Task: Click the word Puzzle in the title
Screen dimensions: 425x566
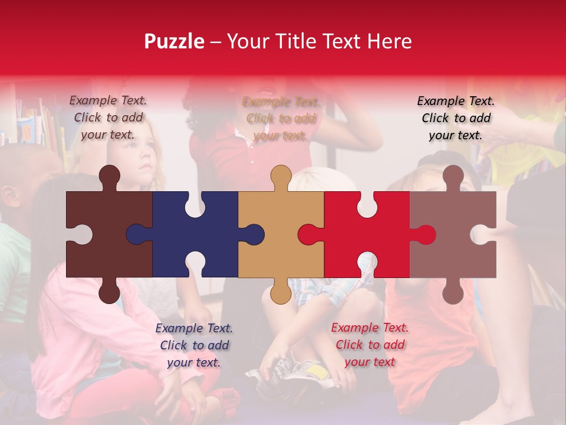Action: point(174,41)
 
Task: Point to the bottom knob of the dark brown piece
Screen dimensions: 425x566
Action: point(109,292)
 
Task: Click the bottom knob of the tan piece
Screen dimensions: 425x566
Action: point(281,292)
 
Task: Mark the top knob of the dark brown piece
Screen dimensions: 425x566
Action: point(109,176)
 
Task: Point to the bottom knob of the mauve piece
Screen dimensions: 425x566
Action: point(453,292)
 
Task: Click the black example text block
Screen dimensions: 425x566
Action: point(456,118)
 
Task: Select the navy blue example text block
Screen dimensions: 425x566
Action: point(194,345)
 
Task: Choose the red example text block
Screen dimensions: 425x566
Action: point(370,345)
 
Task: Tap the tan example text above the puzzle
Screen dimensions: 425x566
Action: point(281,118)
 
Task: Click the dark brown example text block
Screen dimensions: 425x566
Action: point(108,117)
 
